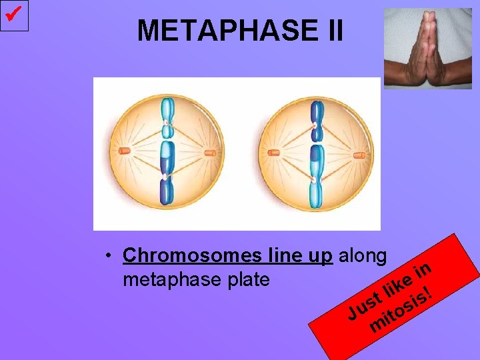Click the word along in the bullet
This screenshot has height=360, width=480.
pyautogui.click(x=363, y=255)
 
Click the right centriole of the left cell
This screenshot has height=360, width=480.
pyautogui.click(x=209, y=153)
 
